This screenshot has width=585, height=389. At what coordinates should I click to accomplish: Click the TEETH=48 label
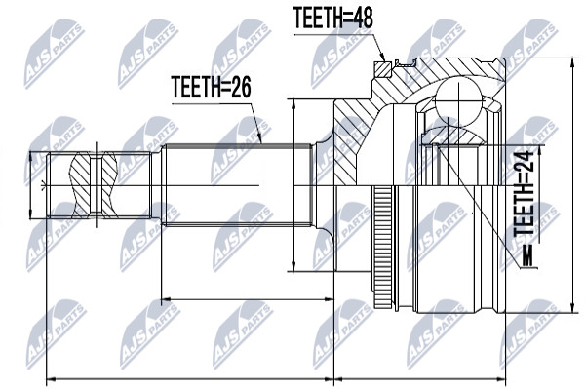[x=332, y=18]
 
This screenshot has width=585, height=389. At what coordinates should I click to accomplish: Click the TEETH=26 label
[x=211, y=87]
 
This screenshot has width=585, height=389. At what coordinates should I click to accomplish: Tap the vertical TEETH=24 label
[x=525, y=194]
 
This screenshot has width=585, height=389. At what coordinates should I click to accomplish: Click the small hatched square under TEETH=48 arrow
[x=383, y=69]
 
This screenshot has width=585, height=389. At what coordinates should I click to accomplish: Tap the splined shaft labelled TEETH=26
[x=237, y=185]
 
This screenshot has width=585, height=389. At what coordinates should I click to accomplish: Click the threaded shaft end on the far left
[x=98, y=185]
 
